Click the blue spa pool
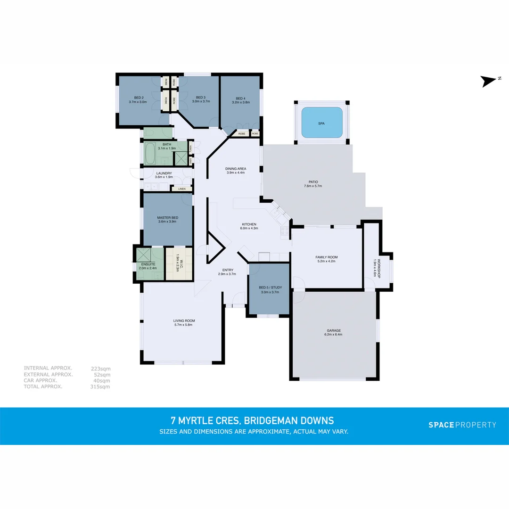322,123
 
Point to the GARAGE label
334,330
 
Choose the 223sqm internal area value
100,369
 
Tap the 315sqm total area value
100,386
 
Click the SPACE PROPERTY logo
462,425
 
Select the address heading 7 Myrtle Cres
252,420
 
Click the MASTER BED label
167,218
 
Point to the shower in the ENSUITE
143,255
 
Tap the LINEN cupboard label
181,189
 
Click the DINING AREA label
236,169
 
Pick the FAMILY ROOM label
327,257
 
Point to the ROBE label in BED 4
241,134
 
